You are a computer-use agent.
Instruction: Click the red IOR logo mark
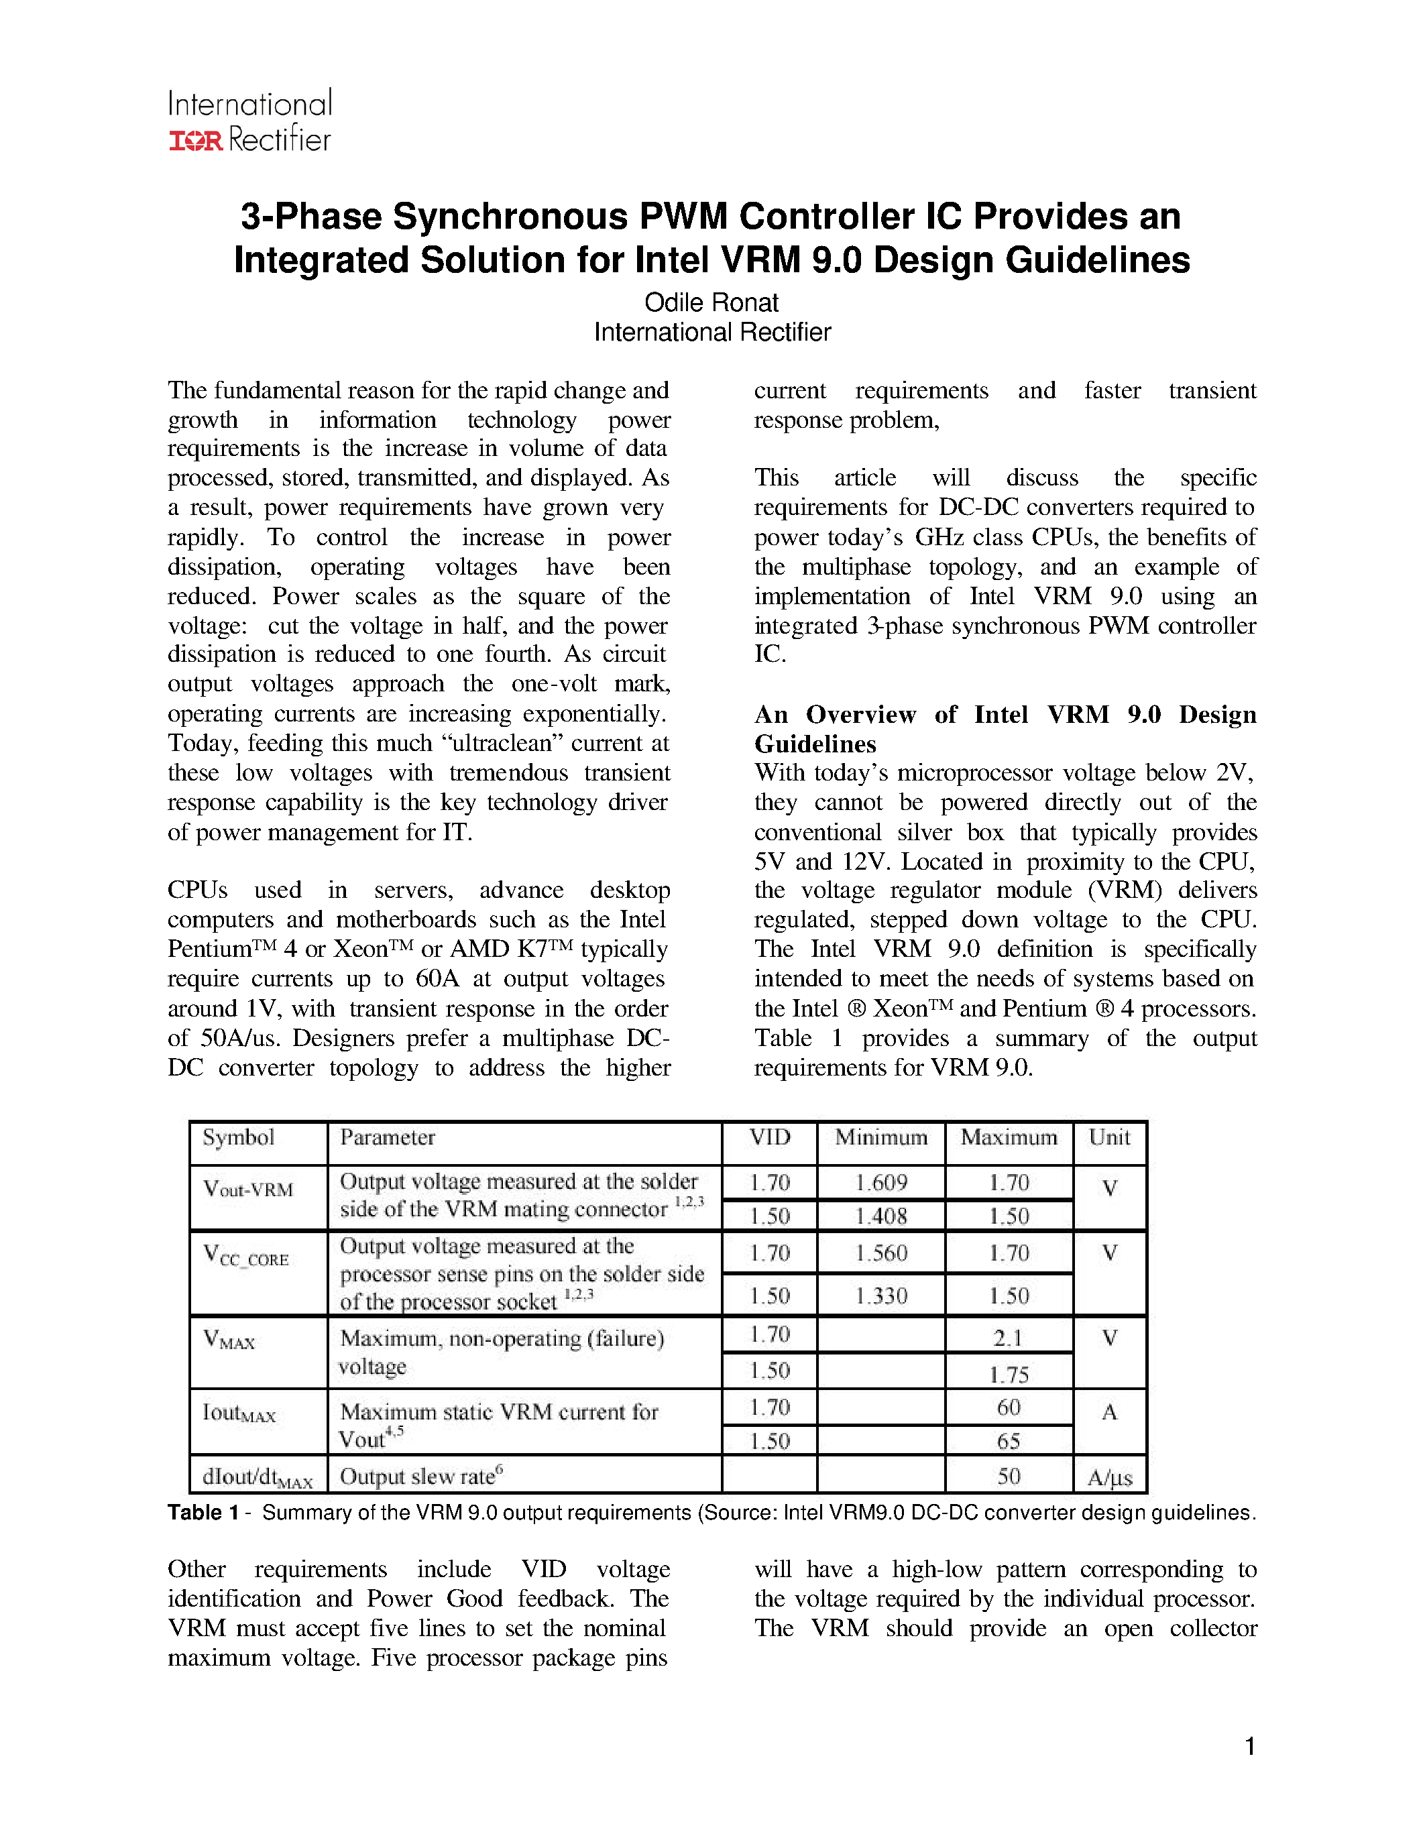[196, 141]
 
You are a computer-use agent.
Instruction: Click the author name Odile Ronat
[711, 302]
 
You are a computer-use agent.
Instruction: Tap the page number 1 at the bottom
[1249, 1746]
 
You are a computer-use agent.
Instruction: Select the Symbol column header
[239, 1137]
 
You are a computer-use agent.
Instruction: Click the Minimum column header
[880, 1137]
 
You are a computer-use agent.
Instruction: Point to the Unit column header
[1109, 1137]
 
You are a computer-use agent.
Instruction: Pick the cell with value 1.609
[880, 1182]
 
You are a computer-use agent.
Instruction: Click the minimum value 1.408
[880, 1216]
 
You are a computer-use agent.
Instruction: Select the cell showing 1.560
[880, 1253]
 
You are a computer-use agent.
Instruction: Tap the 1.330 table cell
[880, 1295]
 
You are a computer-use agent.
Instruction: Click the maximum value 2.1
[1008, 1338]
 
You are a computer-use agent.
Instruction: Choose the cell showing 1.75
[1009, 1375]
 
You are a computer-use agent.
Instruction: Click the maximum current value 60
[1009, 1407]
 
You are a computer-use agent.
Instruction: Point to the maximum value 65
[1009, 1441]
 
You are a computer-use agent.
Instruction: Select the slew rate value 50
[1009, 1476]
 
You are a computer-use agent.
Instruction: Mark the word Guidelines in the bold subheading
[815, 744]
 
